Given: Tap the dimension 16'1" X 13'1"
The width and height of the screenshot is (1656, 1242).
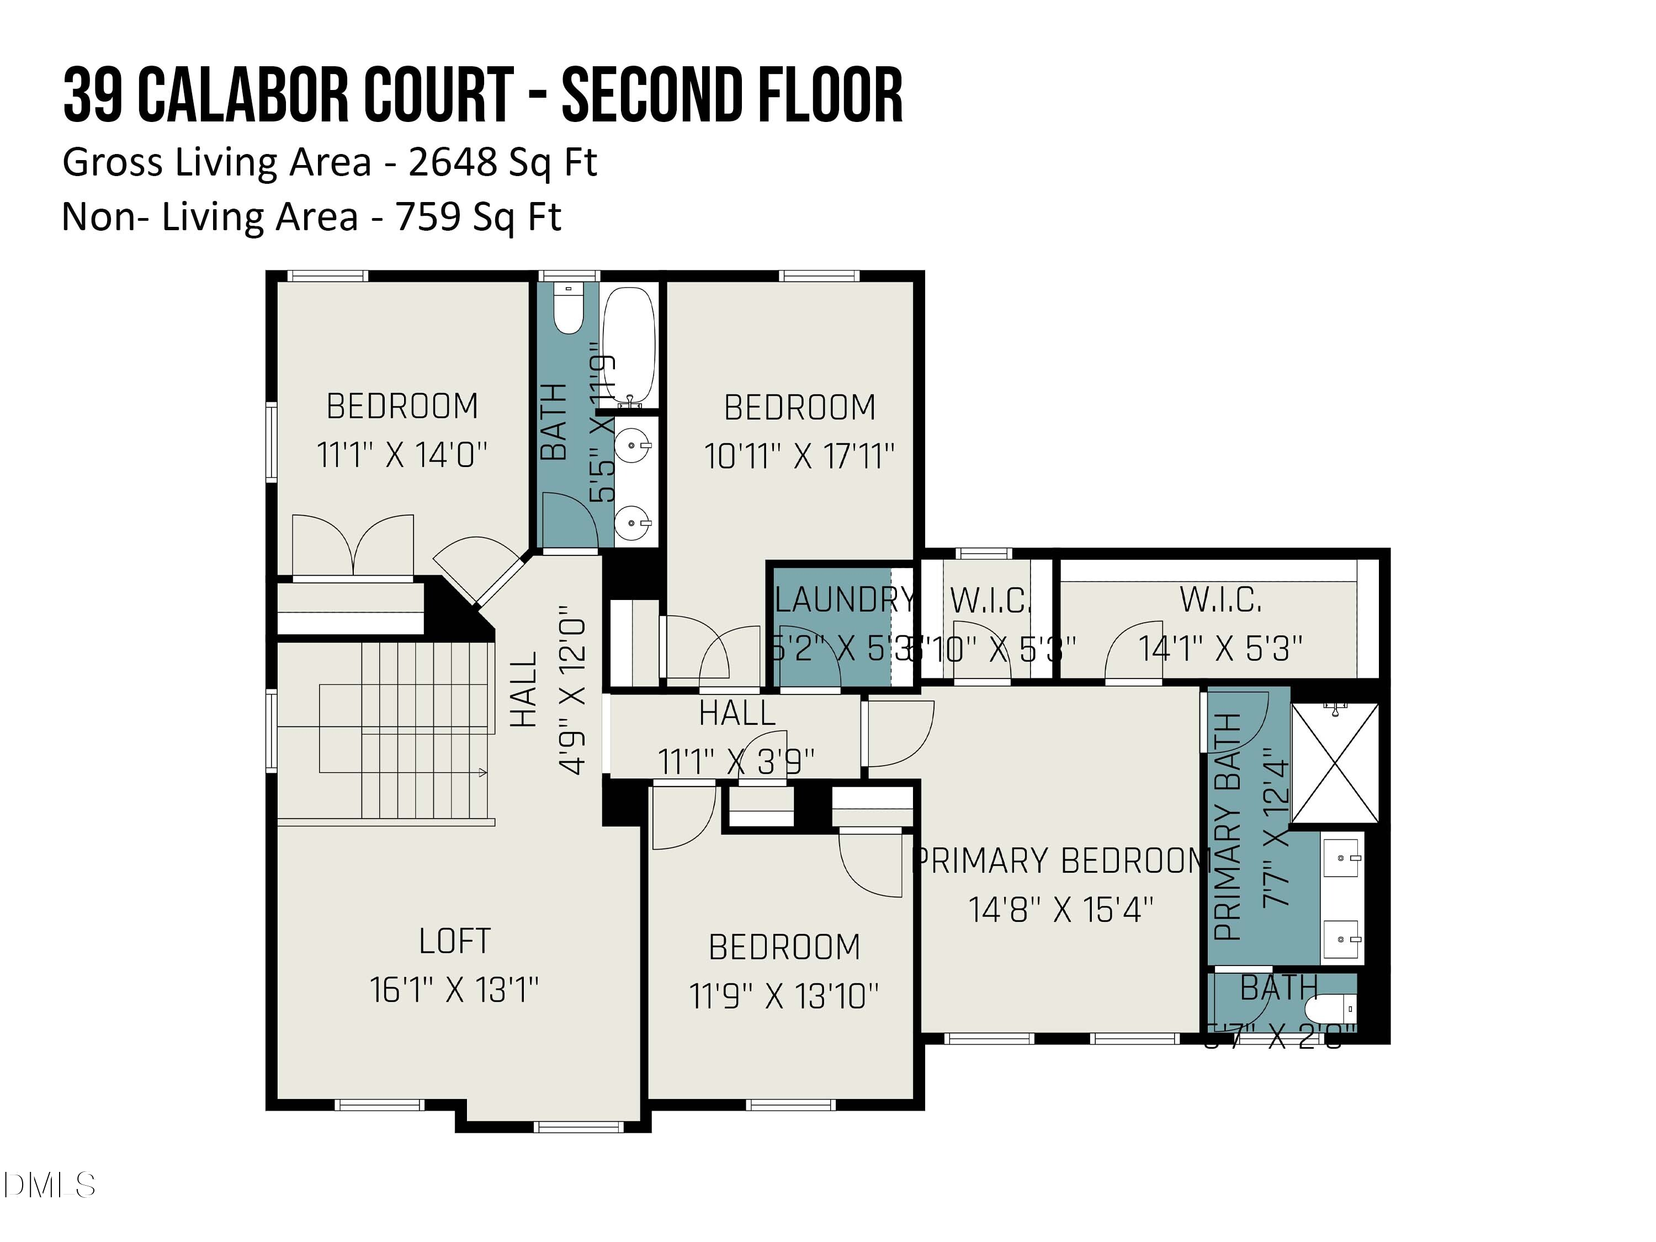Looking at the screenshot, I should pos(454,990).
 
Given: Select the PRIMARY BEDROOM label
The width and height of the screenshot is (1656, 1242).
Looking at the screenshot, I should pos(1061,861).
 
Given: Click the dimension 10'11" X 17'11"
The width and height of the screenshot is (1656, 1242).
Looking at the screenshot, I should pos(799,456).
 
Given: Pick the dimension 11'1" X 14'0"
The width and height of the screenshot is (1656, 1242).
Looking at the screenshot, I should pos(402,454).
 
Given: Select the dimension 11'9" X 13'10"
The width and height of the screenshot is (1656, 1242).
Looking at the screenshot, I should pos(784,996).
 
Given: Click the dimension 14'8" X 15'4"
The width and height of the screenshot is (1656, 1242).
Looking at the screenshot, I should pos(1061,910).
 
